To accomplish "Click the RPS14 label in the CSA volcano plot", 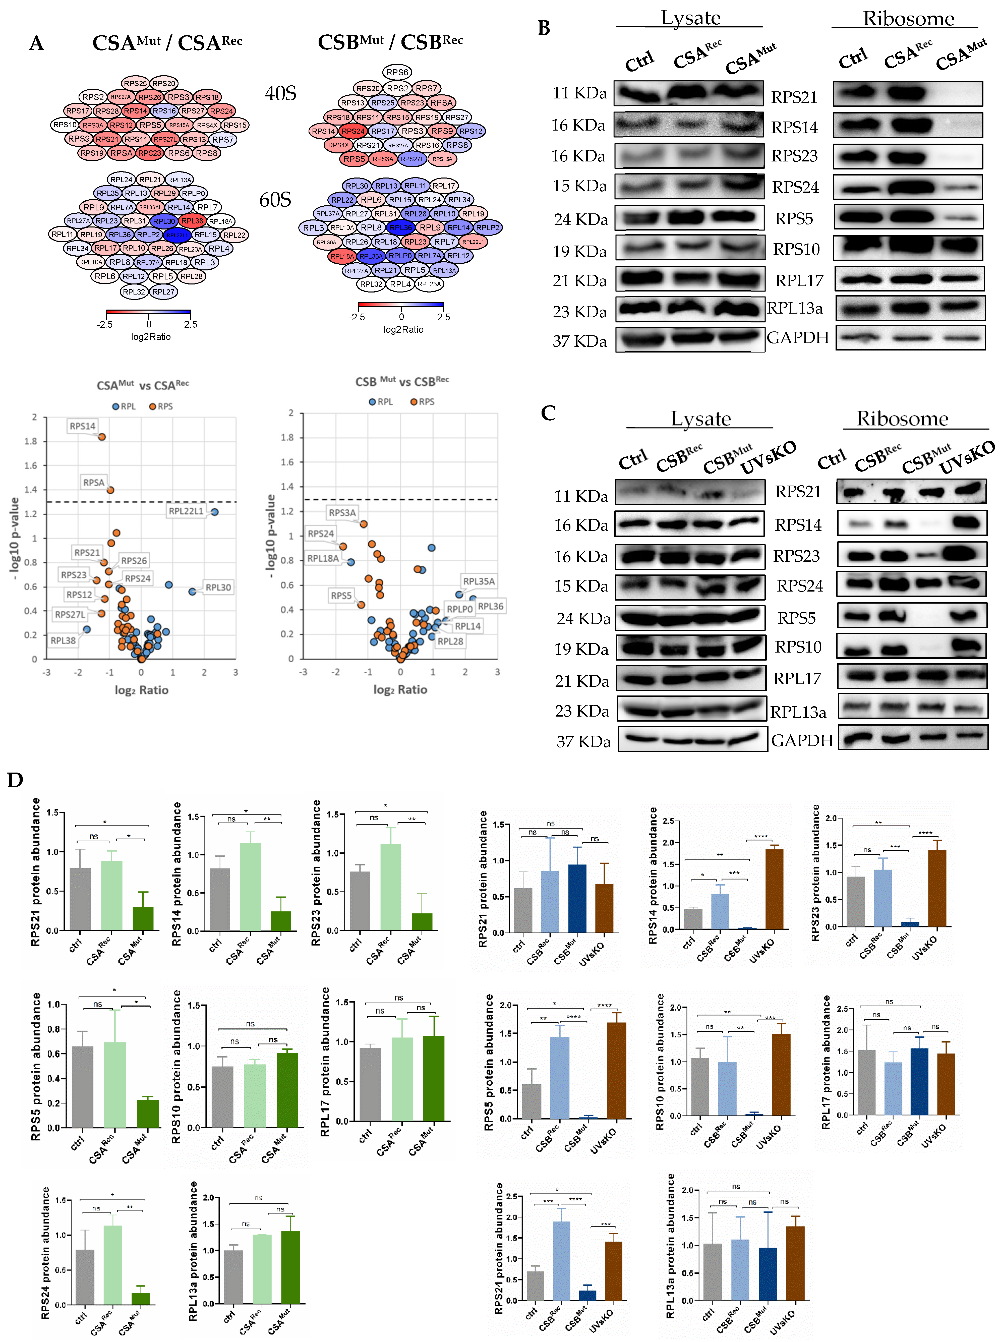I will coord(82,426).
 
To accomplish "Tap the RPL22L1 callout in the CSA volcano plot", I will coord(186,511).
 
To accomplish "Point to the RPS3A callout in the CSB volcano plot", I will coord(342,512).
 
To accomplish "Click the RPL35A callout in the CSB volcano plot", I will coord(479,581).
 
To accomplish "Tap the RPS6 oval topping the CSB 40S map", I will coord(397,72).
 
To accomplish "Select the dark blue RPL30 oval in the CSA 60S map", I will coord(164,221).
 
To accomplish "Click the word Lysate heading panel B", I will coord(690,18).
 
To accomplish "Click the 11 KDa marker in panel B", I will coord(579,93).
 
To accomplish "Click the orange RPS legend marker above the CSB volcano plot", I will coord(414,402).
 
